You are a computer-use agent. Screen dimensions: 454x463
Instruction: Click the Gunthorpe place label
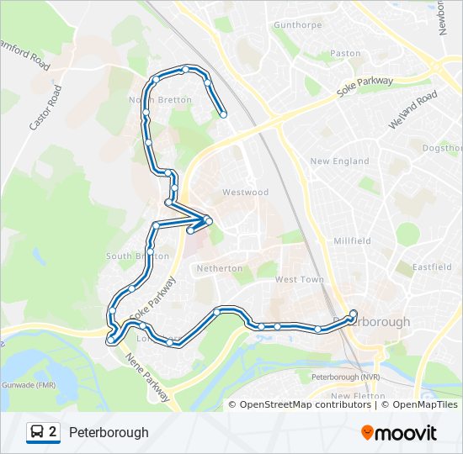pos(299,25)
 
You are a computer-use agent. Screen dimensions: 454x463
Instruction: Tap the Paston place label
pos(345,53)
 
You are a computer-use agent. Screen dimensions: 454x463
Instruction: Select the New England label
pos(339,161)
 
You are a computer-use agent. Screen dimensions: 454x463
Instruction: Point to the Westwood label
pos(245,192)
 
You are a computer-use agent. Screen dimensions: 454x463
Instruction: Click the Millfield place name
pos(352,240)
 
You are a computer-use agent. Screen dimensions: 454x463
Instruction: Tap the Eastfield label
pos(432,267)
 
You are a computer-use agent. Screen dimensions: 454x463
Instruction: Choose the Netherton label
pos(219,268)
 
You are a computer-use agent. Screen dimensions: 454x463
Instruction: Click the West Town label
pos(299,279)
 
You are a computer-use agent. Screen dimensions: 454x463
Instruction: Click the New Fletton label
pos(358,396)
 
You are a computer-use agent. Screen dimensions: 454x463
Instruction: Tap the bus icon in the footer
pos(37,432)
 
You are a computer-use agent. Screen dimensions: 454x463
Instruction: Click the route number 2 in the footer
pos(53,432)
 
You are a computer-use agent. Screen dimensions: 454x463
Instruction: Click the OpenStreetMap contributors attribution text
pos(305,404)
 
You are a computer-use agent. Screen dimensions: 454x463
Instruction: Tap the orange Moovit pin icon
pos(368,433)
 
